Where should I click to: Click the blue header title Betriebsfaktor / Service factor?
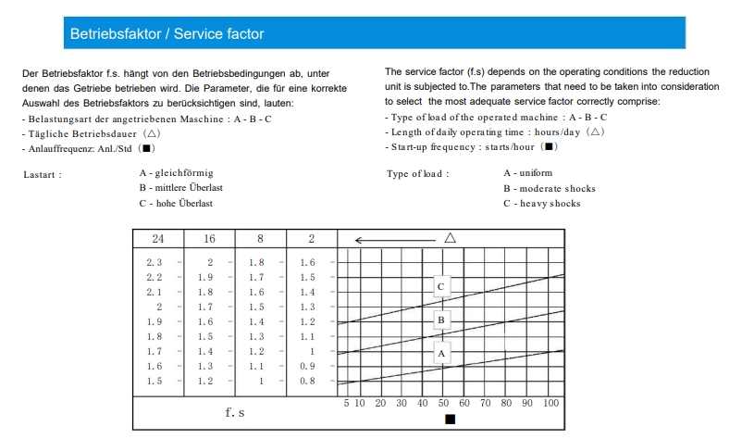[x=167, y=34]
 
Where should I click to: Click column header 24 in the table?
[x=158, y=239]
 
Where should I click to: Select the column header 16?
[x=210, y=239]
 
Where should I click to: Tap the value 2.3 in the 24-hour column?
[x=155, y=263]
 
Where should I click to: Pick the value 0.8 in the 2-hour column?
[x=307, y=381]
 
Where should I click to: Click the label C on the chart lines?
[x=441, y=287]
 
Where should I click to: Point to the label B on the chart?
[x=441, y=320]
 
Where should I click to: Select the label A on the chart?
[x=441, y=353]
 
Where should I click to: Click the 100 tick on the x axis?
[x=550, y=404]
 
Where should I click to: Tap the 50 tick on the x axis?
[x=443, y=404]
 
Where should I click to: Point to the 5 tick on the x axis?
[x=346, y=404]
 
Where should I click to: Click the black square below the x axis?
[x=451, y=420]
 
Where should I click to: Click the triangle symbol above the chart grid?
[x=451, y=238]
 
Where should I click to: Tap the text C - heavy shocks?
[x=542, y=204]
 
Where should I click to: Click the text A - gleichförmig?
[x=177, y=173]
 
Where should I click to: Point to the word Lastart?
[x=43, y=174]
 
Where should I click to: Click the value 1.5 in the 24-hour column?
[x=155, y=381]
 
